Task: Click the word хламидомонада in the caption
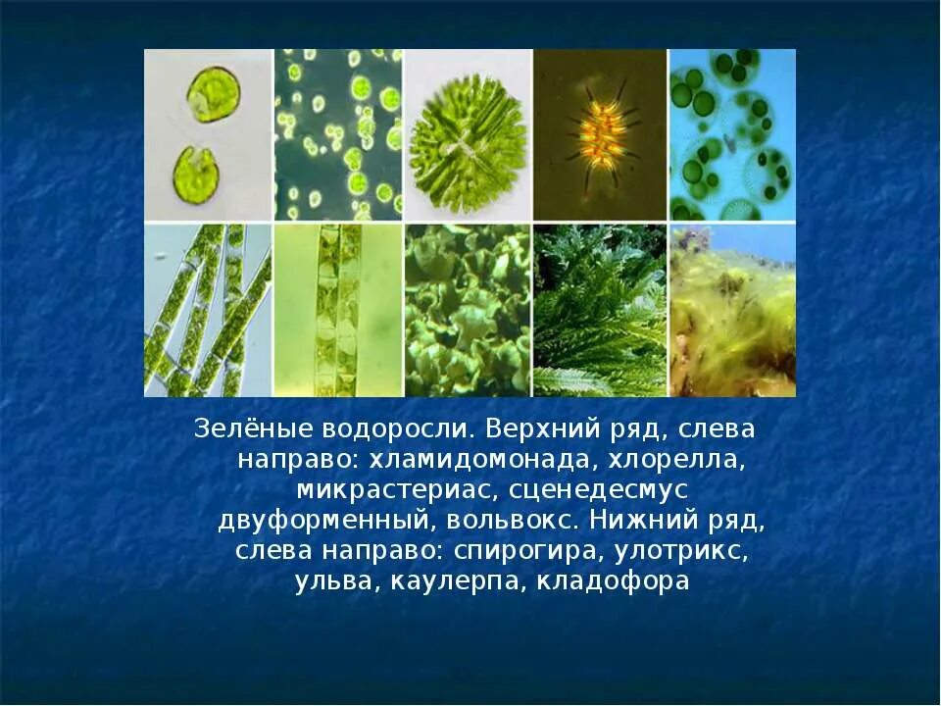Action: point(460,460)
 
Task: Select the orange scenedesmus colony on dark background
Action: point(600,134)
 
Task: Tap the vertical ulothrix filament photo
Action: point(337,310)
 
